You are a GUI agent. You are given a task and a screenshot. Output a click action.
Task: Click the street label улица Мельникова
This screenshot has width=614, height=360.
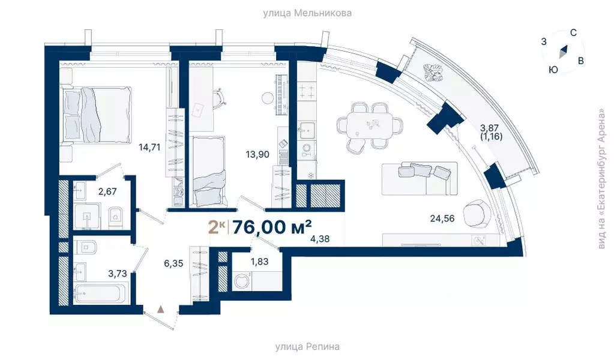tap(307, 13)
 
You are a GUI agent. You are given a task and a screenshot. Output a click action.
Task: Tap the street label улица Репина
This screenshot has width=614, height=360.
tap(307, 346)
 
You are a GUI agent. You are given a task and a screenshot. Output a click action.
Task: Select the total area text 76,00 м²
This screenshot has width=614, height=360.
tap(271, 227)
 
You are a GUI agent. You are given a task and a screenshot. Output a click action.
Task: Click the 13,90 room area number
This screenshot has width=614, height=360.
tap(257, 154)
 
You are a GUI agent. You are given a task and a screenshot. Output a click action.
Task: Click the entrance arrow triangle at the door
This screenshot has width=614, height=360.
tap(161, 309)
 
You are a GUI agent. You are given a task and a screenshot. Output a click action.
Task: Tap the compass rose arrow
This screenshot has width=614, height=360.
tap(563, 52)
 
